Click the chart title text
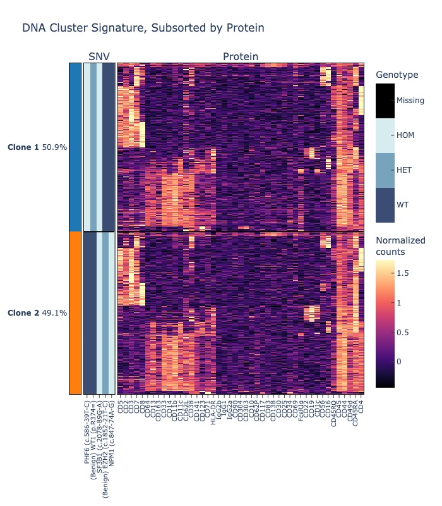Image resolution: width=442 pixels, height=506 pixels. pyautogui.click(x=143, y=28)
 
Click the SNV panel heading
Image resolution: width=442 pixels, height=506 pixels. pyautogui.click(x=99, y=57)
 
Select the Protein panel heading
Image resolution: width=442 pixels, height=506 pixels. pyautogui.click(x=241, y=57)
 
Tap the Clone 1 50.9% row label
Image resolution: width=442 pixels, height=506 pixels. pyautogui.click(x=37, y=147)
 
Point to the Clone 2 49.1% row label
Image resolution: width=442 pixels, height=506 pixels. pyautogui.click(x=37, y=313)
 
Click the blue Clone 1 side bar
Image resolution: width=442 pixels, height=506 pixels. pyautogui.click(x=75, y=147)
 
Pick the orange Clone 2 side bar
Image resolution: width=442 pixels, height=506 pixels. pyautogui.click(x=75, y=313)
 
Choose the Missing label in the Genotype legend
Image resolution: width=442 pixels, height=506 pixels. pyautogui.click(x=410, y=101)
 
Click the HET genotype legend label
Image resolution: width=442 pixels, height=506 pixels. pyautogui.click(x=403, y=170)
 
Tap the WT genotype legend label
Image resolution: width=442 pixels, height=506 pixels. pyautogui.click(x=402, y=205)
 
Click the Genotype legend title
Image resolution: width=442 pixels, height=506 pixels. pyautogui.click(x=397, y=75)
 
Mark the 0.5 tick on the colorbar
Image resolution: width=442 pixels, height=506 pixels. pyautogui.click(x=403, y=333)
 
